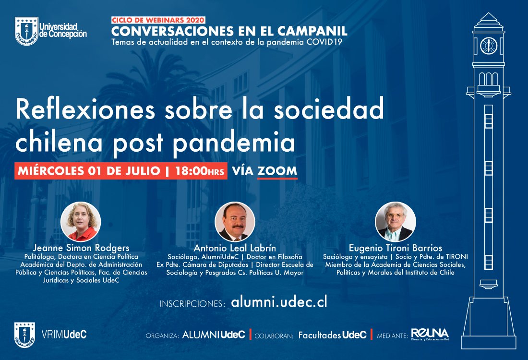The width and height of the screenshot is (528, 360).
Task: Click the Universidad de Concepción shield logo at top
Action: [26, 31]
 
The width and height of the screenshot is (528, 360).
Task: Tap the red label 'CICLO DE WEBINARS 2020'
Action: [158, 20]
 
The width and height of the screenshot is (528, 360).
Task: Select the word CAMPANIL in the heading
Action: [312, 31]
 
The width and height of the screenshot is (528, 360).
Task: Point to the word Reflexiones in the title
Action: [85, 109]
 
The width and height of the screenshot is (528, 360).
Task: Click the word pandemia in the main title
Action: [234, 143]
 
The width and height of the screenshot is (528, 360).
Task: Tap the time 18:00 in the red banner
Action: [191, 171]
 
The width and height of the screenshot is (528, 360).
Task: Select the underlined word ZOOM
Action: [277, 171]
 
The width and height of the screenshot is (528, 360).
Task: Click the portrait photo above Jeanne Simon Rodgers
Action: [81, 222]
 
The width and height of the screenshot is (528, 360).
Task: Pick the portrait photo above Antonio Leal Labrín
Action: [235, 222]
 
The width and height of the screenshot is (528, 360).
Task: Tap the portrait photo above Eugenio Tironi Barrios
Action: [396, 222]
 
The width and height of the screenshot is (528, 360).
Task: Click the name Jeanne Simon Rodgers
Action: [81, 248]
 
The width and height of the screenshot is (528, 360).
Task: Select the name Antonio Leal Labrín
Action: [235, 248]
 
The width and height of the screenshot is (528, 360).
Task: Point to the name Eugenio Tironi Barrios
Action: [396, 248]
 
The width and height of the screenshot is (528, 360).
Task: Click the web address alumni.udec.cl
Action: [279, 302]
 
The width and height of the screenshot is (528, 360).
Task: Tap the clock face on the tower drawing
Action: [489, 46]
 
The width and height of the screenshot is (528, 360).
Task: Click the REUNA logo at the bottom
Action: [430, 334]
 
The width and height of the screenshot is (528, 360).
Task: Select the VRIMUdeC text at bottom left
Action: [64, 335]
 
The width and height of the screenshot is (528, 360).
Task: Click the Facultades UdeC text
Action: [332, 335]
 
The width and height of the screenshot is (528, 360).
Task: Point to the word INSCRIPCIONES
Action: [192, 304]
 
